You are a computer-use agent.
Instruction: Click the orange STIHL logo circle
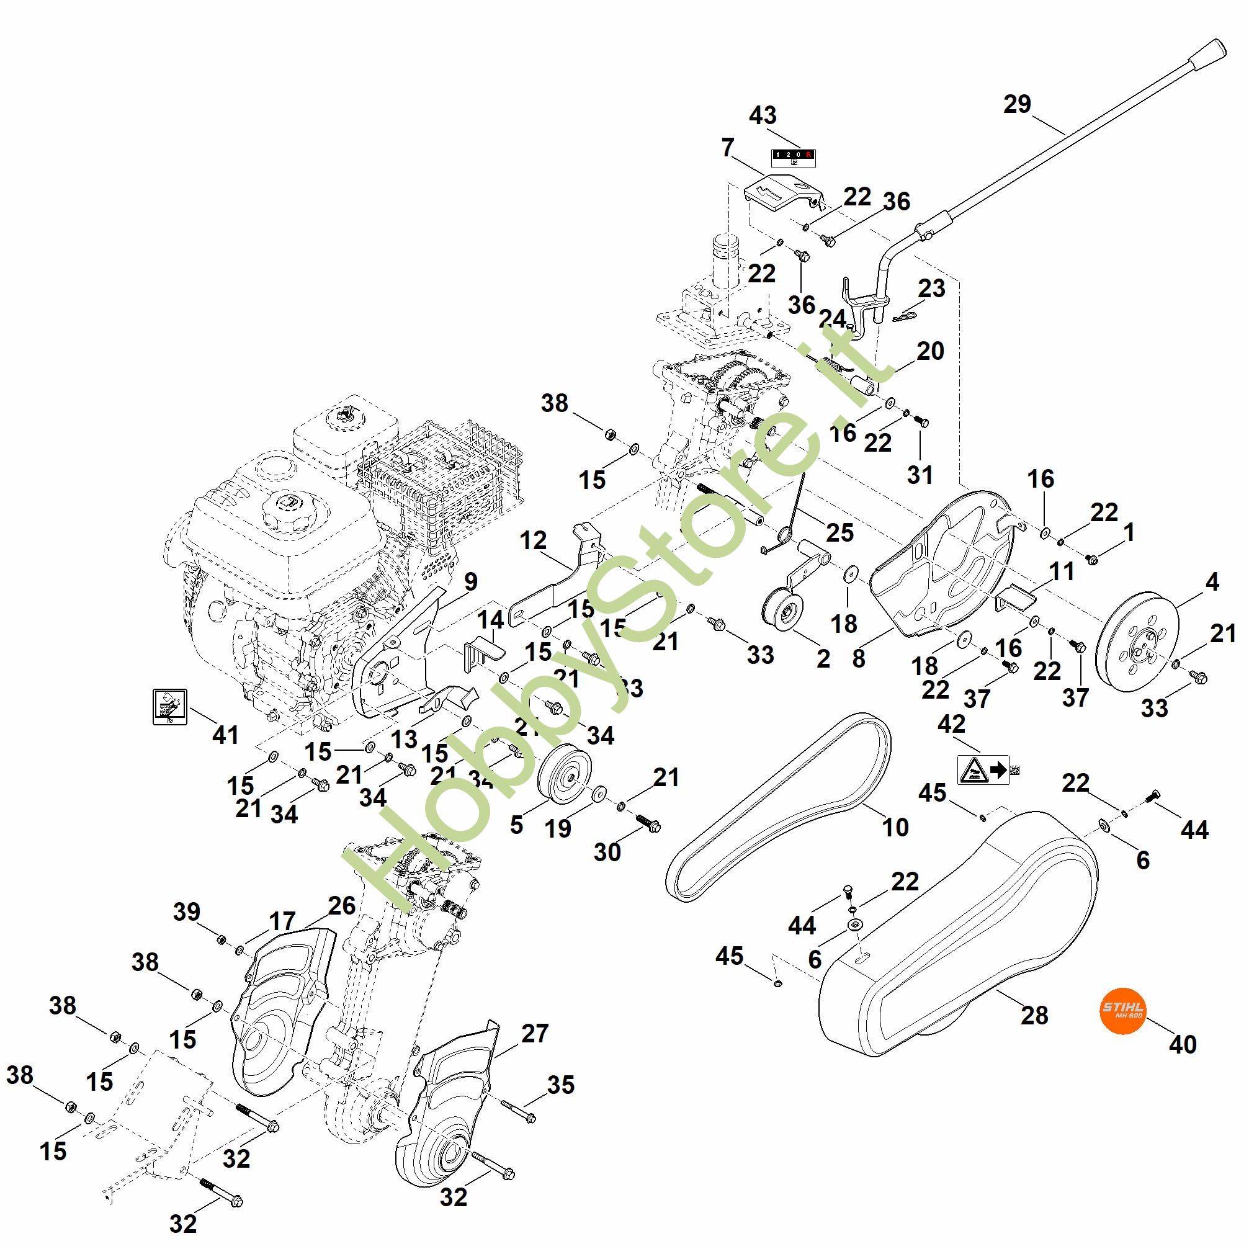tap(1122, 1009)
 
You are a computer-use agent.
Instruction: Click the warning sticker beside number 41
tap(169, 707)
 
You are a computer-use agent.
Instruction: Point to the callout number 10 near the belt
tap(895, 827)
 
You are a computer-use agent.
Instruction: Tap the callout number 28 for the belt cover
tap(1034, 1016)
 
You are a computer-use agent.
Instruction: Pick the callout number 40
tap(1183, 1044)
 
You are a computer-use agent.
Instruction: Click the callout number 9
tap(471, 582)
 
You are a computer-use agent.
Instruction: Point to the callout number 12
tap(533, 540)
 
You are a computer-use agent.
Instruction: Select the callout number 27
tap(535, 1034)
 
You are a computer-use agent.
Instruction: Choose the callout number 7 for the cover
tap(728, 148)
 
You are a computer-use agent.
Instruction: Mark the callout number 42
tap(951, 724)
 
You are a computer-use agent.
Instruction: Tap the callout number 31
tap(920, 475)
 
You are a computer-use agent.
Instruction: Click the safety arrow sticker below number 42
tap(983, 770)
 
